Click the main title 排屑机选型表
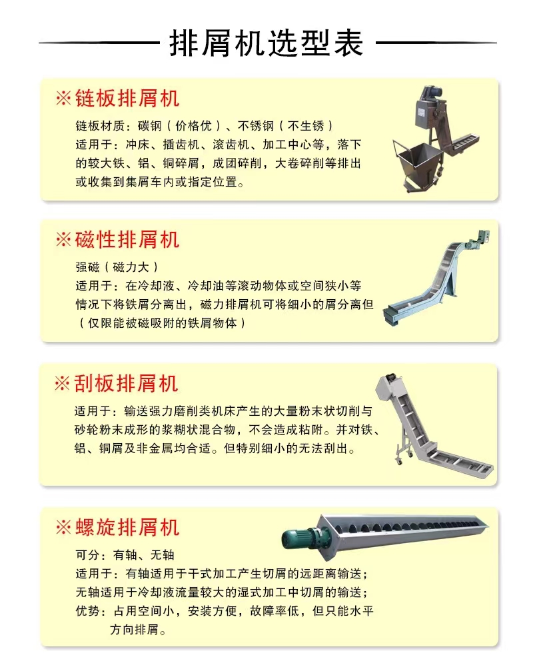(x=266, y=43)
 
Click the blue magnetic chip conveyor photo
(x=437, y=279)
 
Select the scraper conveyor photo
(x=434, y=426)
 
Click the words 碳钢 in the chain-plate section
(x=150, y=126)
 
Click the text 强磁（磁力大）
(x=117, y=267)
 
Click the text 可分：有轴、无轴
(x=125, y=555)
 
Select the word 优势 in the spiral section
(x=88, y=611)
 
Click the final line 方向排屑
(x=138, y=630)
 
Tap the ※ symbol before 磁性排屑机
(x=63, y=240)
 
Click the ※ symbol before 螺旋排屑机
(x=63, y=527)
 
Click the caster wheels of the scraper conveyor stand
(x=404, y=458)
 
